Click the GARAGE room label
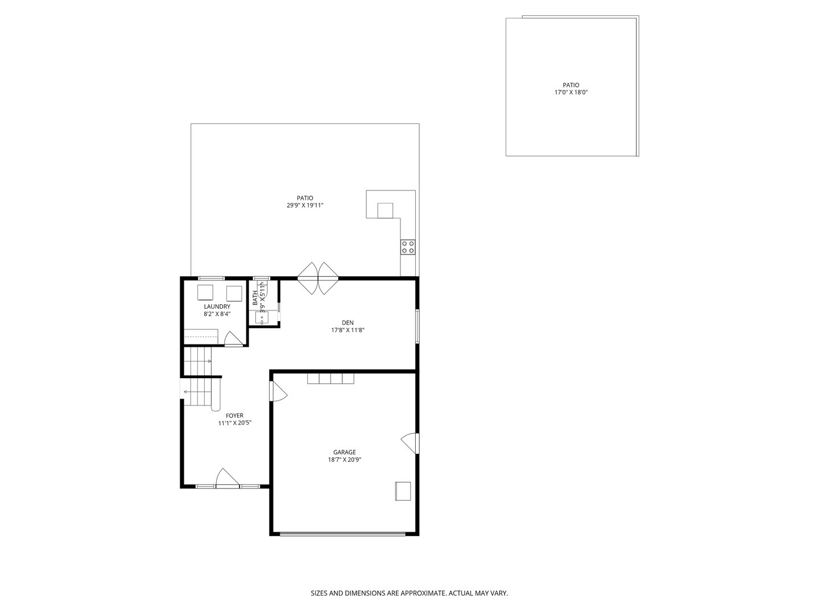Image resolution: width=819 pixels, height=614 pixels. [x=344, y=452]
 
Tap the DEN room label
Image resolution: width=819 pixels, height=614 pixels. [x=348, y=322]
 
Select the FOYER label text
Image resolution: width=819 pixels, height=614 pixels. [x=234, y=415]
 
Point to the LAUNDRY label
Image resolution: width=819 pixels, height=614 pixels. [x=217, y=306]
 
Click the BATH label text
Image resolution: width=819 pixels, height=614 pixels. [x=255, y=298]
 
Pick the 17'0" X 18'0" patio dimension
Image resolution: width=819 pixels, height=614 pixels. [x=571, y=93]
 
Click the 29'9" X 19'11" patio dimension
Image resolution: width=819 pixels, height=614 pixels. [x=305, y=205]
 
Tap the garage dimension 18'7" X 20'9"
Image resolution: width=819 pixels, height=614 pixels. [x=345, y=460]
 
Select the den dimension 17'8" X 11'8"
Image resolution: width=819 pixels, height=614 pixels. [x=348, y=330]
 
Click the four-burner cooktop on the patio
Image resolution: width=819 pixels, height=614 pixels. [x=408, y=247]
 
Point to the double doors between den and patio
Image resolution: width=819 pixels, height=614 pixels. [x=318, y=278]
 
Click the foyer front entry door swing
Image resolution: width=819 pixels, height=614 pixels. [x=227, y=478]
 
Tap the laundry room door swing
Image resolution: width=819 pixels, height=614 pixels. [x=234, y=338]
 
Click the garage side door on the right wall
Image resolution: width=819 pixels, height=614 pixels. [x=410, y=443]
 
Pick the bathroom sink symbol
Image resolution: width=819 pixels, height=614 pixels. [x=262, y=318]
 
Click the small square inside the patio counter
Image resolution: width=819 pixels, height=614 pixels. [x=385, y=210]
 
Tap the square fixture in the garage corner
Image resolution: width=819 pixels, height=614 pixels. [x=403, y=491]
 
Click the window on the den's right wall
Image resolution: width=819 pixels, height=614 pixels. [x=417, y=325]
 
